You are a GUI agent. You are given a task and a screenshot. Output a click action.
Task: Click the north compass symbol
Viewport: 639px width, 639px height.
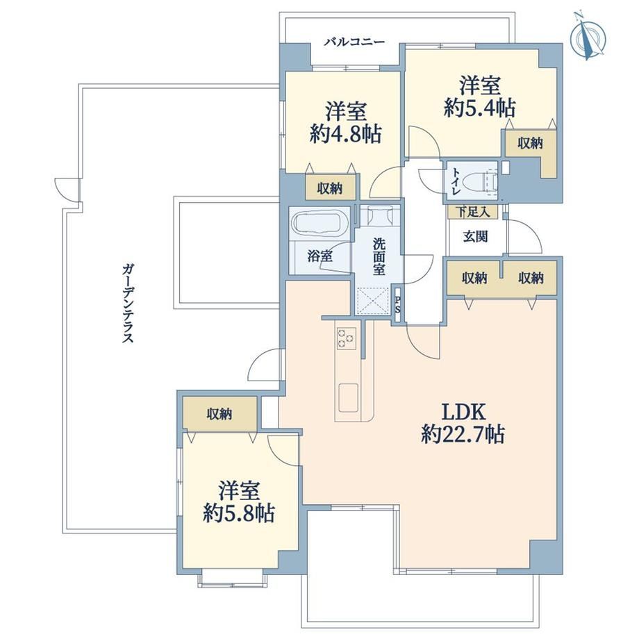coord(588,39)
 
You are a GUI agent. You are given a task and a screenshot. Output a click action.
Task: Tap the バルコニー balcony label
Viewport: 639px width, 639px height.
coord(354,42)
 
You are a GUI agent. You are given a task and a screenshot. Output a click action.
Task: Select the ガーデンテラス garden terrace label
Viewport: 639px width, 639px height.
coord(128,304)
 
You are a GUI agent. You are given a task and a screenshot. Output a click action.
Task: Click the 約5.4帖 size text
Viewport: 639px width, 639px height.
coord(480,108)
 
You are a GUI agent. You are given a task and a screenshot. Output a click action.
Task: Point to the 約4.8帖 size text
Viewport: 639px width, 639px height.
coord(346,133)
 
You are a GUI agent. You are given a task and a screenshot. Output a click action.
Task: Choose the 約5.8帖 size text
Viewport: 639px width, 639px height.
coord(239,513)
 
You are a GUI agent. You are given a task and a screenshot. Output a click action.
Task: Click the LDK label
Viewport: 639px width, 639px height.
coord(464,413)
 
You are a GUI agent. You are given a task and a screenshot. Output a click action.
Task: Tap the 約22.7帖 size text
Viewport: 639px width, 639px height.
coord(463,434)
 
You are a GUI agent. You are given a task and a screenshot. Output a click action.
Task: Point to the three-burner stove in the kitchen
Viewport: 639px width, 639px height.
coord(346,338)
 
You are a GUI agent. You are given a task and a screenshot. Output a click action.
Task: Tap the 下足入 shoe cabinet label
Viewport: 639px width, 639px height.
coord(472,212)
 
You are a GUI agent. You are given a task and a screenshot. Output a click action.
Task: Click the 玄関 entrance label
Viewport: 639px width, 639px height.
coord(475,236)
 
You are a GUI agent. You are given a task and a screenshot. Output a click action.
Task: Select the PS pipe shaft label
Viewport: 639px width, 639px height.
coord(398,304)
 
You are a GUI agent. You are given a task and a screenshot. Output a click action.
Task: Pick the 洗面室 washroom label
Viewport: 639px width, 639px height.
coord(379,257)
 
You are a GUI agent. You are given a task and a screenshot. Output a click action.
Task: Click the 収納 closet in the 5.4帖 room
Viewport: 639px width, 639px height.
coord(530,143)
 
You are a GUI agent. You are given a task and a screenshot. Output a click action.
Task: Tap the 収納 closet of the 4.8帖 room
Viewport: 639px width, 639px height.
coord(331,188)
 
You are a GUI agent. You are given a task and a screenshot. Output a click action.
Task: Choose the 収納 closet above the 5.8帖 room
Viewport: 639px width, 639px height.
coord(219,414)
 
